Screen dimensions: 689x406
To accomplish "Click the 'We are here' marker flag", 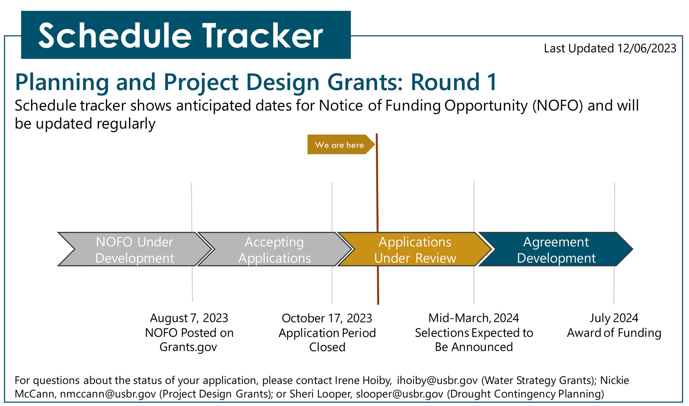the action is pos(341,144).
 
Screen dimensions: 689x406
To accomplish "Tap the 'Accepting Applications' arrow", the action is pos(274,249).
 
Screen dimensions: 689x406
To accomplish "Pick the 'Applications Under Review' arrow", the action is pos(415,249).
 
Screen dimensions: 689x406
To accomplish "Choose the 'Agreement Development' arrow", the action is pos(556,249).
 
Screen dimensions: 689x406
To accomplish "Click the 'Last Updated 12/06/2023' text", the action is pos(610,48).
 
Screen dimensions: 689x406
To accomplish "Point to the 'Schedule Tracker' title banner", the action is pos(186,35).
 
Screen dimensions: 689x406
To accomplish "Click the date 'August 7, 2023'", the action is pos(189,318).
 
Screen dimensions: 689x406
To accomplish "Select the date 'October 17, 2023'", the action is pos(327,318).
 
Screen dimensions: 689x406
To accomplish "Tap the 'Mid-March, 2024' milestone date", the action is pos(474,318).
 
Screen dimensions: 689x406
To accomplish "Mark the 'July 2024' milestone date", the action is pos(614,318).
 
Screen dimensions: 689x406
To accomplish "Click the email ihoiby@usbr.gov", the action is pos(437,380).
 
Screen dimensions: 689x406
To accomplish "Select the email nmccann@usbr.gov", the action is pos(108,394).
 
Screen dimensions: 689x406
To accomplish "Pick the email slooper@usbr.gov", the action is pos(400,394).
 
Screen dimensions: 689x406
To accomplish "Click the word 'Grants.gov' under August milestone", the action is pos(188,347).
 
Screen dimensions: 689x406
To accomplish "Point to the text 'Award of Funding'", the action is pos(614,333).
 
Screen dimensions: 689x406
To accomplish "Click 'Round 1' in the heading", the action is pos(454,82).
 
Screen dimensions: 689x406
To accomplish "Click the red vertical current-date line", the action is pos(377,219).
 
